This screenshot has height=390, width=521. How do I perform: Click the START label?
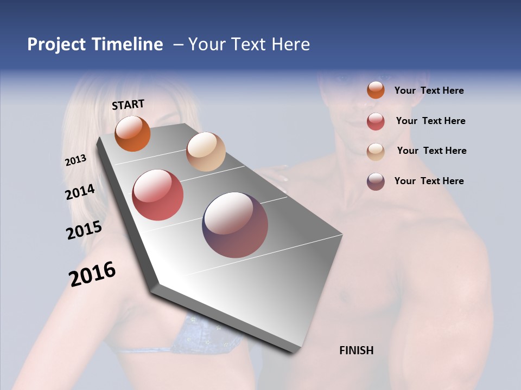(128, 105)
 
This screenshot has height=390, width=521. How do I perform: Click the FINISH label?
(356, 350)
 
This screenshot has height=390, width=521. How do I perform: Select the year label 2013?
(76, 160)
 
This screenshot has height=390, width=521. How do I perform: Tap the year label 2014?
(80, 192)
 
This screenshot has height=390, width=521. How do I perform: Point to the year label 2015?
(84, 230)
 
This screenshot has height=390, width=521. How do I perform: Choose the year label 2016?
(92, 274)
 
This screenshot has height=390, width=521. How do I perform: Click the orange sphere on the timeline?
(132, 134)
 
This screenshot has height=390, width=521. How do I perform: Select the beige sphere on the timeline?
(206, 152)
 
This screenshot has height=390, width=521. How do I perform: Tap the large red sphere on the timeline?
(158, 195)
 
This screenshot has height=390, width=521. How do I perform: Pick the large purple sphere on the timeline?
(235, 225)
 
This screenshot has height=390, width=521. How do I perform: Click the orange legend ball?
(376, 90)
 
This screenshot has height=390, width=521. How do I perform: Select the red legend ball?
(376, 121)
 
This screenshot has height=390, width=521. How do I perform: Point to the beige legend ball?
(376, 152)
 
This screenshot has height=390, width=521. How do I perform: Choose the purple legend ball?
(376, 181)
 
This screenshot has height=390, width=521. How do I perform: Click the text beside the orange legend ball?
(429, 90)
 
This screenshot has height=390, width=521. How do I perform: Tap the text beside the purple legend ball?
(429, 181)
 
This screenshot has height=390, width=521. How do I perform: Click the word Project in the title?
(56, 44)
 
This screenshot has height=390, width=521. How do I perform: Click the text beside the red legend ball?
(430, 121)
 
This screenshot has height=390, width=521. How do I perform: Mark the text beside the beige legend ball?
(431, 151)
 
